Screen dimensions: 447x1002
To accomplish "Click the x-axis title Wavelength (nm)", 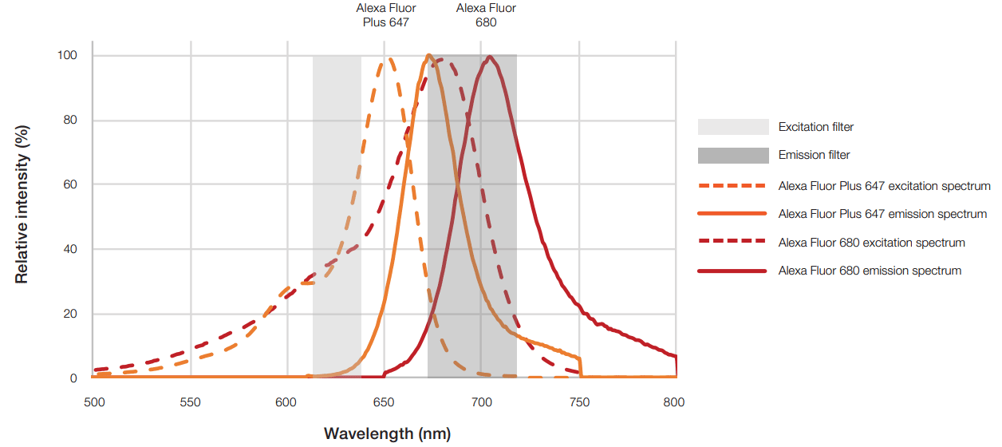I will click(x=387, y=434).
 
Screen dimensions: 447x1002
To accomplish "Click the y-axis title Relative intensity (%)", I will click(x=22, y=204).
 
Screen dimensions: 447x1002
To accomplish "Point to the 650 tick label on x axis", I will click(x=384, y=402).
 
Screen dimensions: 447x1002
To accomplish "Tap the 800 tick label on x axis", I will click(x=674, y=402).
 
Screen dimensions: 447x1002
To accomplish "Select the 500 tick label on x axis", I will click(x=93, y=402).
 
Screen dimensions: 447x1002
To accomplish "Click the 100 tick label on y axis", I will click(x=67, y=56).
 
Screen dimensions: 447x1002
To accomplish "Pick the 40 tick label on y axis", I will click(x=70, y=249).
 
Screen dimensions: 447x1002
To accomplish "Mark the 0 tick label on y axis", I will click(x=73, y=378).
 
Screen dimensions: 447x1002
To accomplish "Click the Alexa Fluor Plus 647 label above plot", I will click(x=385, y=15).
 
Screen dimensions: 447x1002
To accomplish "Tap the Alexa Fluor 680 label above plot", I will click(x=486, y=15).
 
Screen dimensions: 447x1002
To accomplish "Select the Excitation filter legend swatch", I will click(x=733, y=127).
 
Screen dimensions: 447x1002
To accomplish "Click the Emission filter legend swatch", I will click(x=733, y=155).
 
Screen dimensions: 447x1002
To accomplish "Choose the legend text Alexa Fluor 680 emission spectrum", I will click(x=870, y=271).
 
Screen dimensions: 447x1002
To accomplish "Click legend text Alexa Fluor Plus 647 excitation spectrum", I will click(x=884, y=186).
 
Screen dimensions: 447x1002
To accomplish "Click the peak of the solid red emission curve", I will click(x=489, y=57).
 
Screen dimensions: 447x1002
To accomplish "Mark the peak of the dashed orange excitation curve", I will click(x=389, y=58).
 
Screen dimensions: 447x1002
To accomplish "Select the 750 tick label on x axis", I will click(x=577, y=402).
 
